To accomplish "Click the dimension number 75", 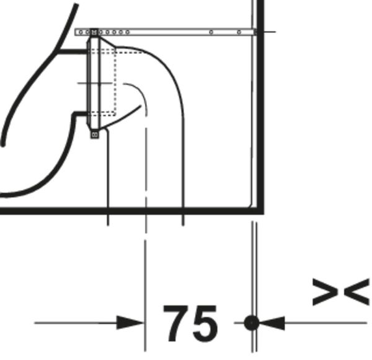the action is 190,323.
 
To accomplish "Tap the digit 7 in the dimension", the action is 177,323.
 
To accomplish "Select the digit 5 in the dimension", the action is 205,324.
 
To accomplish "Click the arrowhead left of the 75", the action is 130,323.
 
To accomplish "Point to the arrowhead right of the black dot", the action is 272,323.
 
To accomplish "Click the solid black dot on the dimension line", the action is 252,323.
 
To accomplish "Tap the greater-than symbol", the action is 325,292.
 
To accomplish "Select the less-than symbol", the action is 356,292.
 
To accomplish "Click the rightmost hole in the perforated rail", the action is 239,32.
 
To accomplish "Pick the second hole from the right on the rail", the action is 211,32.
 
